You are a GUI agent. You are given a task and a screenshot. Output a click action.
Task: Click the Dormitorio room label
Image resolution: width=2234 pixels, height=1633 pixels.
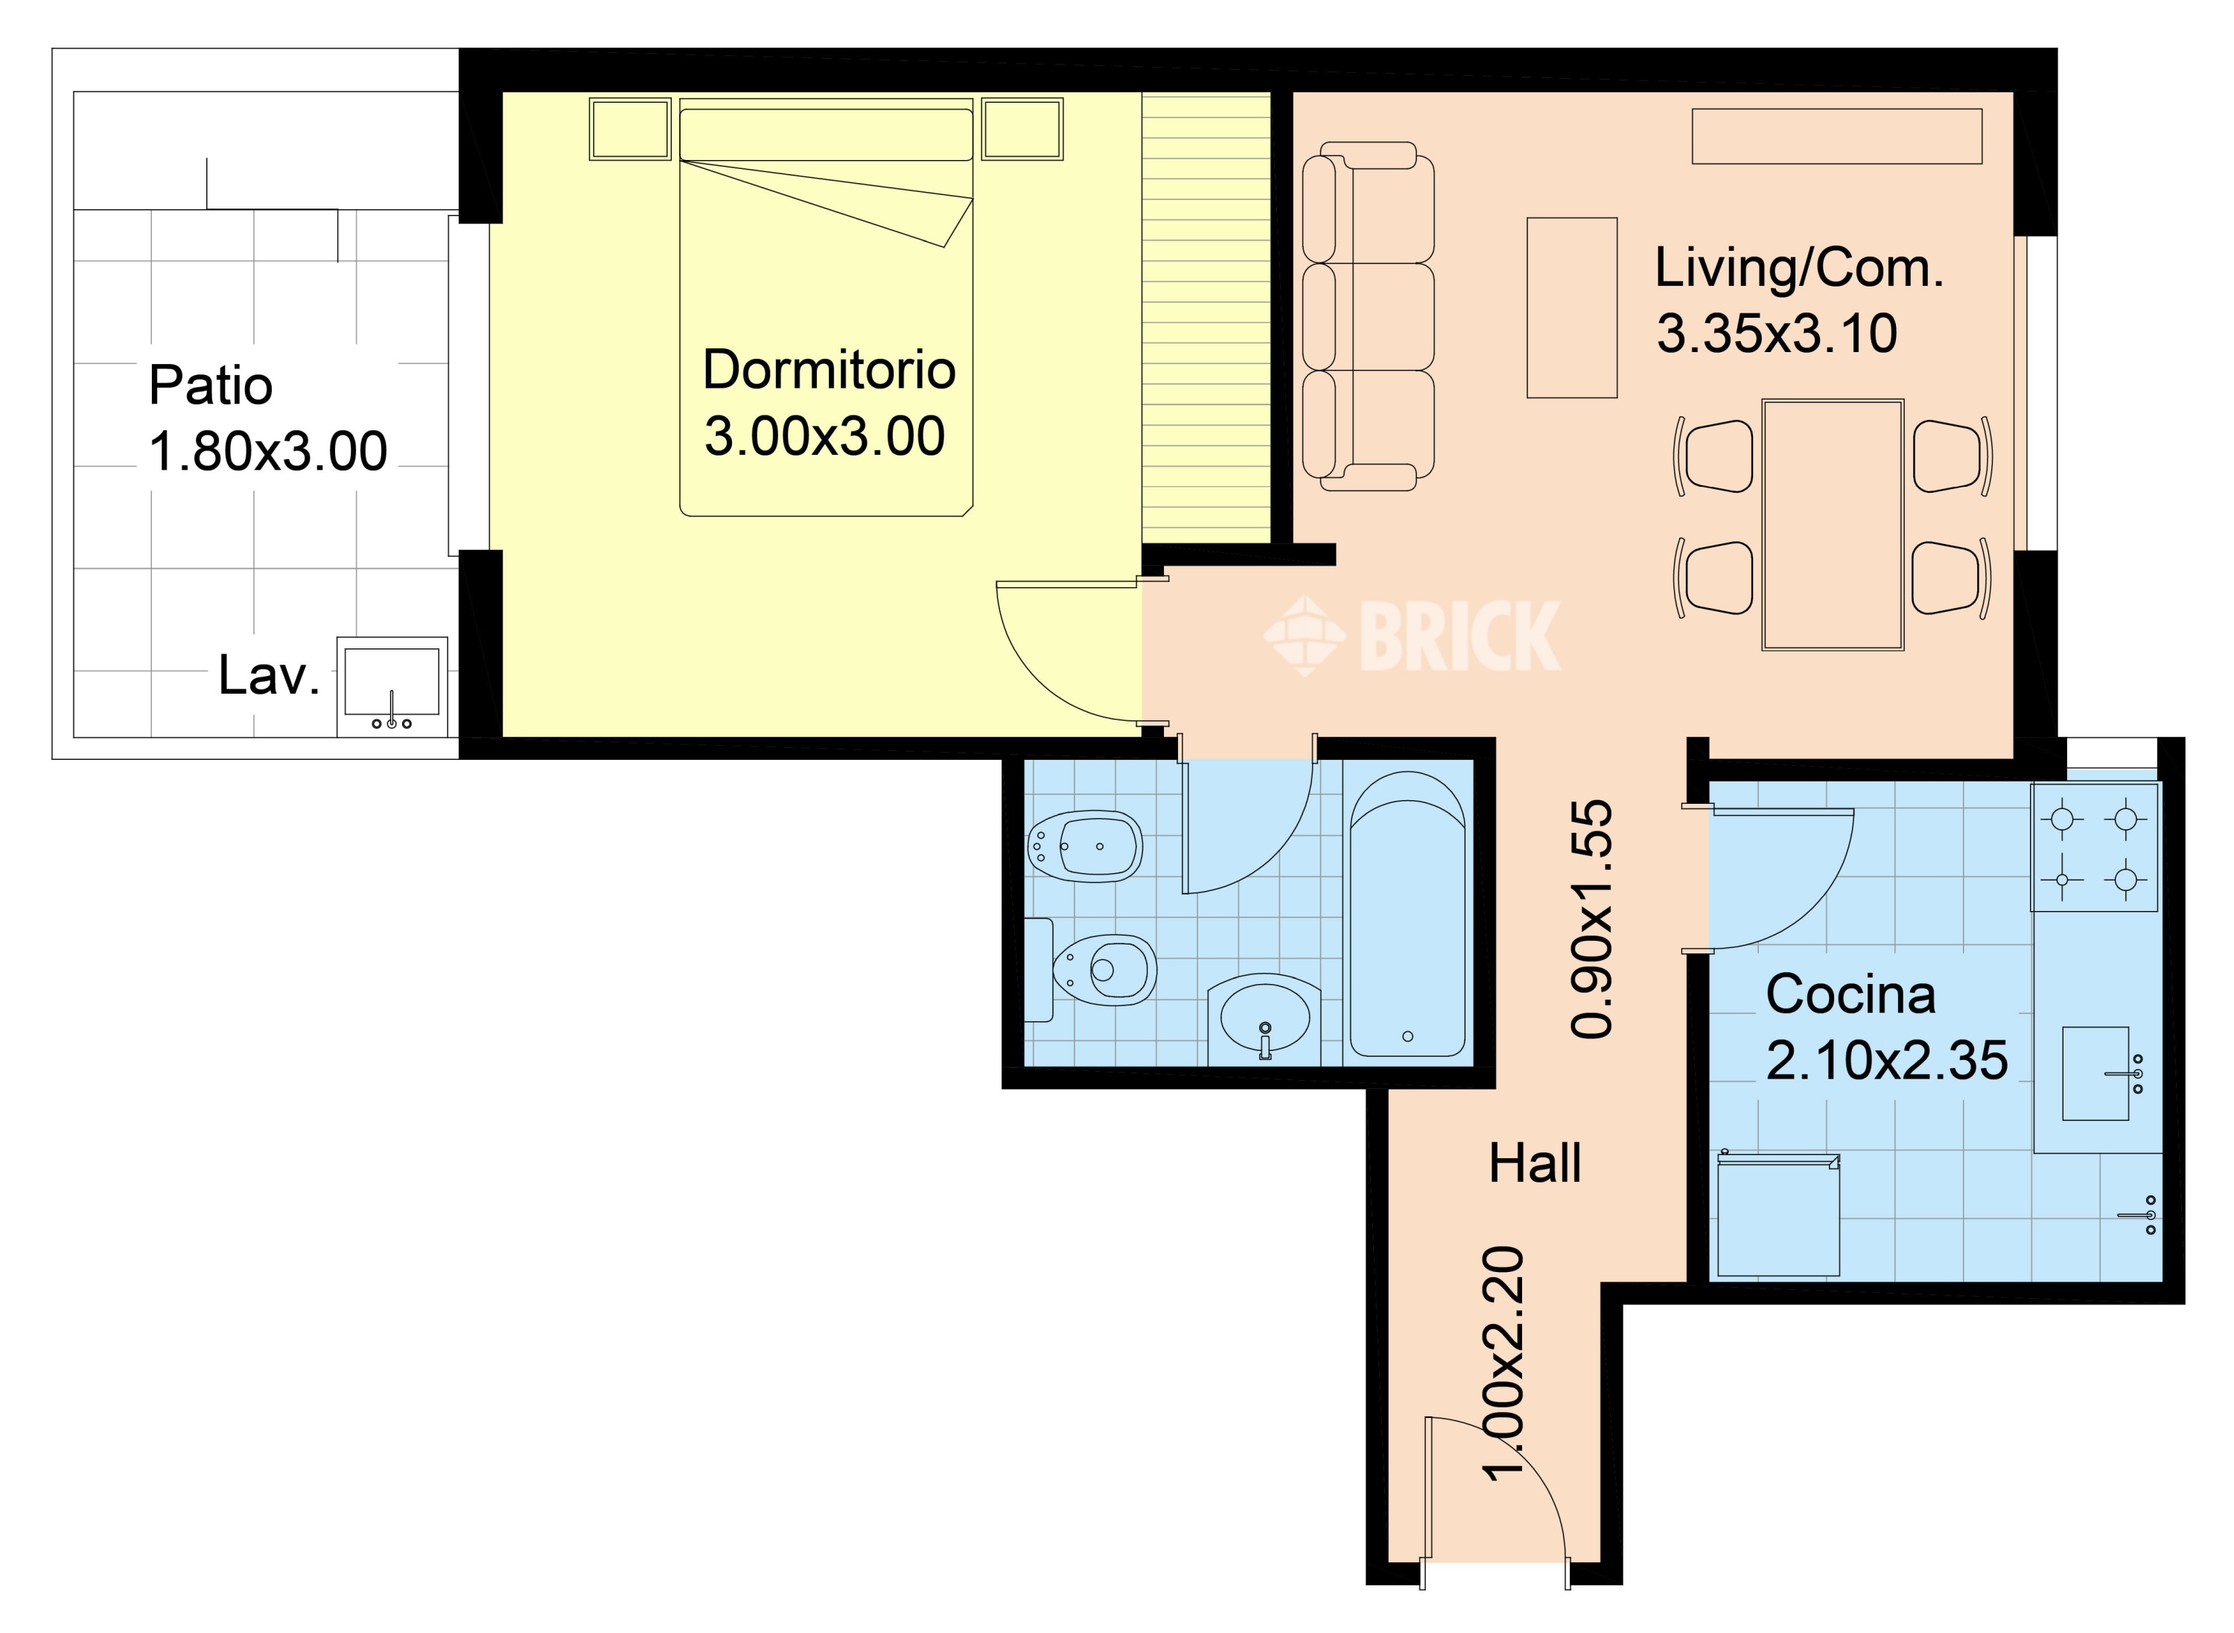(x=829, y=370)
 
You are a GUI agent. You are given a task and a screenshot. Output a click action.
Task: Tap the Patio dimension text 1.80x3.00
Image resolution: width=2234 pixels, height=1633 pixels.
(x=268, y=452)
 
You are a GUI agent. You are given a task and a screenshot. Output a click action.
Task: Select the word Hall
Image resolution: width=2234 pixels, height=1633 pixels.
(x=1535, y=1163)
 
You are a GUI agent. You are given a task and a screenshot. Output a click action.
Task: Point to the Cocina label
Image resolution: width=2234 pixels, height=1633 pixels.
(x=1850, y=994)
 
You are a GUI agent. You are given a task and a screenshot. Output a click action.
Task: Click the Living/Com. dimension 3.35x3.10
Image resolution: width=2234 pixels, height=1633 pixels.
(x=1777, y=333)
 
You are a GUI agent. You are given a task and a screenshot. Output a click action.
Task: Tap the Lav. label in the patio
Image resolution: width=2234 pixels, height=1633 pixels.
(x=269, y=675)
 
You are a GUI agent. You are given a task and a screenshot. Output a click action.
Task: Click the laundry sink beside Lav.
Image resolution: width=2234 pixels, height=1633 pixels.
(x=392, y=686)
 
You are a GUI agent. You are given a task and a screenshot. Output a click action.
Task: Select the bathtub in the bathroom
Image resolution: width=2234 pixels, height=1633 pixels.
(x=1407, y=914)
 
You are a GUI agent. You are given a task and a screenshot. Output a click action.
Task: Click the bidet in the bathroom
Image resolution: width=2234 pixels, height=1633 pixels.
(x=1085, y=847)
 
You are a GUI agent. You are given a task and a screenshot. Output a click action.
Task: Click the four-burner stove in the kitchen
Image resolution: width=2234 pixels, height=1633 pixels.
(x=2095, y=847)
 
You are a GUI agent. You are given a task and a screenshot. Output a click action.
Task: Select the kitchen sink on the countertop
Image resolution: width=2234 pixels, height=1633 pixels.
(x=2095, y=1073)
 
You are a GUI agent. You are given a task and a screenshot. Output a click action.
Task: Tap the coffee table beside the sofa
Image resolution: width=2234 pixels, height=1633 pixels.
(x=1571, y=307)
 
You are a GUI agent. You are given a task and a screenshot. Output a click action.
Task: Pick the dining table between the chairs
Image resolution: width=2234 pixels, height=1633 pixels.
(x=1833, y=524)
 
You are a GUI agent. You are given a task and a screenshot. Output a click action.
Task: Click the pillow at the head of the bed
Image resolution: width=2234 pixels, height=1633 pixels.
(x=826, y=135)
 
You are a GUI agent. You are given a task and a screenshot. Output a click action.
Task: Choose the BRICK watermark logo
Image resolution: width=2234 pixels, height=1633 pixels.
(x=1412, y=636)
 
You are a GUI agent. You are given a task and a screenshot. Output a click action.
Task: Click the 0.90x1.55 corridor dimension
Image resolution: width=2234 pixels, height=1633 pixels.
(x=1591, y=918)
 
